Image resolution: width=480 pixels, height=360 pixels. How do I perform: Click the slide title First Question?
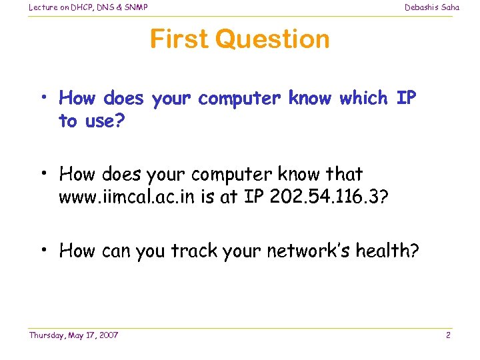pos(239,39)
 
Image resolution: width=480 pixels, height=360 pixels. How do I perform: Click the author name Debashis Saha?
pos(432,7)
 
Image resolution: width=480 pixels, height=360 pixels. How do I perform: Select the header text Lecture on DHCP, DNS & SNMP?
pos(88,7)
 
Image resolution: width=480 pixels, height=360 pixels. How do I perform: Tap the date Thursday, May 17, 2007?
pos(73,335)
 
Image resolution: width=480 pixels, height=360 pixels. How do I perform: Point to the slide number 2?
pos(448,335)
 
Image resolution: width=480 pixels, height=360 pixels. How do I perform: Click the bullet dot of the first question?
pos(43,99)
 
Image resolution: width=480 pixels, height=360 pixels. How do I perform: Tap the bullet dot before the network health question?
pos(43,251)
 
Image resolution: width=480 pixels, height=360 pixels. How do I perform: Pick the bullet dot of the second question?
pos(43,175)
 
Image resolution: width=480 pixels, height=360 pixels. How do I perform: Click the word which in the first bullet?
pos(363,99)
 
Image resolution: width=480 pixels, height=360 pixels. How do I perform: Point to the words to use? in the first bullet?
pos(86,121)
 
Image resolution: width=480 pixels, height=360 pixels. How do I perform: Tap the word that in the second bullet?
pos(343,175)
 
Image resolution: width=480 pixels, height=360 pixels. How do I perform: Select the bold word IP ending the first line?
pos(406,99)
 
